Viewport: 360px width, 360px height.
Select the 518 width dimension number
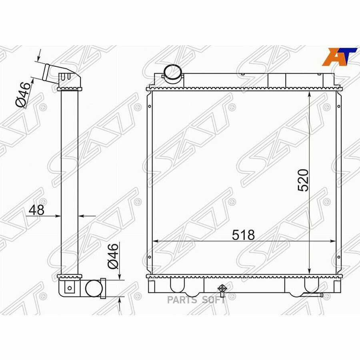coord(243,235)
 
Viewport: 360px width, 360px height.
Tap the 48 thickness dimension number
coord(36,210)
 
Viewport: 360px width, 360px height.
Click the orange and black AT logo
coord(339,56)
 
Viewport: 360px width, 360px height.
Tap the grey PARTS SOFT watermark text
coord(196,300)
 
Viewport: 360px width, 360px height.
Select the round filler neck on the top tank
coord(173,72)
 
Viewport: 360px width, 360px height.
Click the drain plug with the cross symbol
coord(222,289)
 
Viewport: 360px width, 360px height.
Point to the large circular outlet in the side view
coord(94,288)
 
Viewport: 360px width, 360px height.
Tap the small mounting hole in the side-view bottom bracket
coord(70,287)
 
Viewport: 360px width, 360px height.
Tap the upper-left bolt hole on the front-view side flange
coord(149,106)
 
